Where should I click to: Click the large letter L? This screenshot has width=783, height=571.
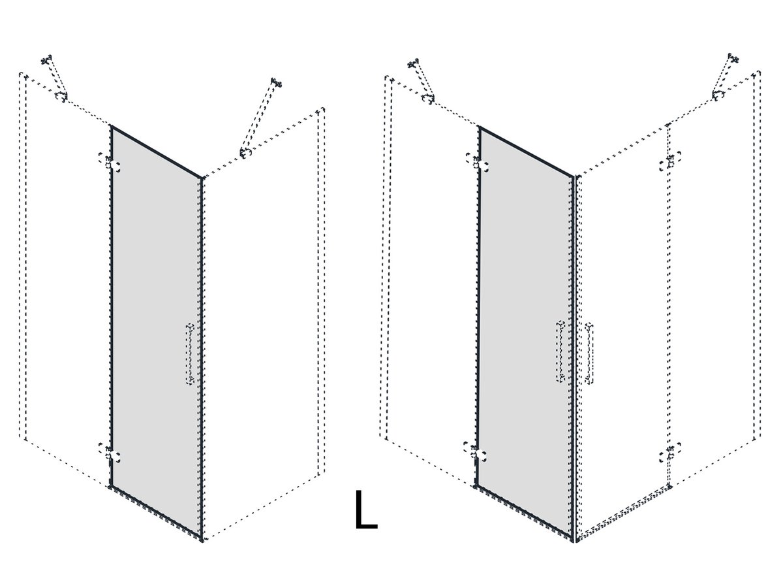[x=365, y=510]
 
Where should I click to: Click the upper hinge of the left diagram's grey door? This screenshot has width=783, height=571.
[x=110, y=163]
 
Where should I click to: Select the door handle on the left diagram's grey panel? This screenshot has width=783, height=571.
[x=190, y=354]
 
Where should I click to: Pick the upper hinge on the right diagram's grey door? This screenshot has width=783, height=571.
[x=477, y=163]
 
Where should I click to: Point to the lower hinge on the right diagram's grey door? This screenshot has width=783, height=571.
[x=475, y=452]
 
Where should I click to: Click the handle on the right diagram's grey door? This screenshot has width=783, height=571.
[x=560, y=351]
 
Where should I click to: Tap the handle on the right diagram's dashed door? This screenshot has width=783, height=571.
[x=589, y=353]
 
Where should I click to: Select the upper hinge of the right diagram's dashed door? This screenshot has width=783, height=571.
[x=670, y=161]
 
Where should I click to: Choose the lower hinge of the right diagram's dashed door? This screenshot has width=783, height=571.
[x=670, y=453]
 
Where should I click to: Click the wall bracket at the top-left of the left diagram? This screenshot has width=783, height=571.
[x=46, y=59]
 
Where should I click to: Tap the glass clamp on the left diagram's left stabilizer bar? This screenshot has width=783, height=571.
[x=61, y=97]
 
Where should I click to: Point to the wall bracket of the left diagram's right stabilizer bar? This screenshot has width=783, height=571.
[x=276, y=82]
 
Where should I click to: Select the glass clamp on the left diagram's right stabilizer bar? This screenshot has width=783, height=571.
[x=246, y=153]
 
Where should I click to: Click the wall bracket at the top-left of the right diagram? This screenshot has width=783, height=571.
[x=413, y=63]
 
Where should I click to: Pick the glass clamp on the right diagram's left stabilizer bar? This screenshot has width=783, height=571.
[x=428, y=99]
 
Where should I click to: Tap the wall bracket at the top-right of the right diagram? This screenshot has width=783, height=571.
[x=733, y=58]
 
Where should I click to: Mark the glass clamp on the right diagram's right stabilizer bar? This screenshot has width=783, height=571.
[x=718, y=95]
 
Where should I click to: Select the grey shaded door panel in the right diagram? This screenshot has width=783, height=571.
[x=525, y=333]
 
